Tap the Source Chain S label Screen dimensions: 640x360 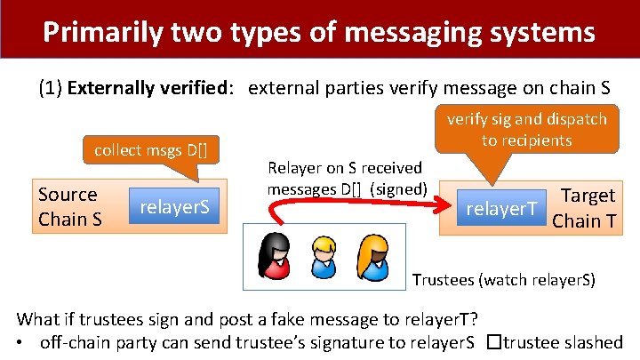(68, 206)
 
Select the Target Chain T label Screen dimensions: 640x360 (583, 207)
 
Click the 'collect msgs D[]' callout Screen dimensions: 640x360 (150, 149)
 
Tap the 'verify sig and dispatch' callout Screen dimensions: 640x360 (526, 129)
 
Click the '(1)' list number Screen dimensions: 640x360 (50, 88)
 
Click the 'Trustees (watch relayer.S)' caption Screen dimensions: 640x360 (504, 280)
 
